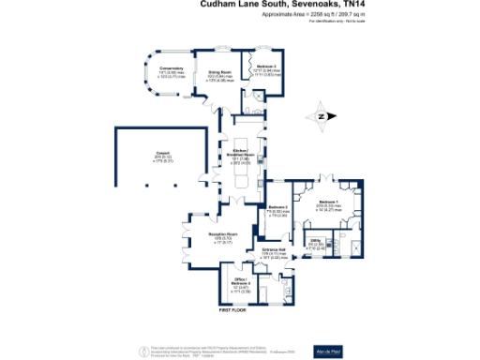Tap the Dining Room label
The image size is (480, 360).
click(219, 71)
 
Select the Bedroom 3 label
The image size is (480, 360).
click(269, 67)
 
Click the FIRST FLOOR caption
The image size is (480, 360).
click(232, 310)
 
